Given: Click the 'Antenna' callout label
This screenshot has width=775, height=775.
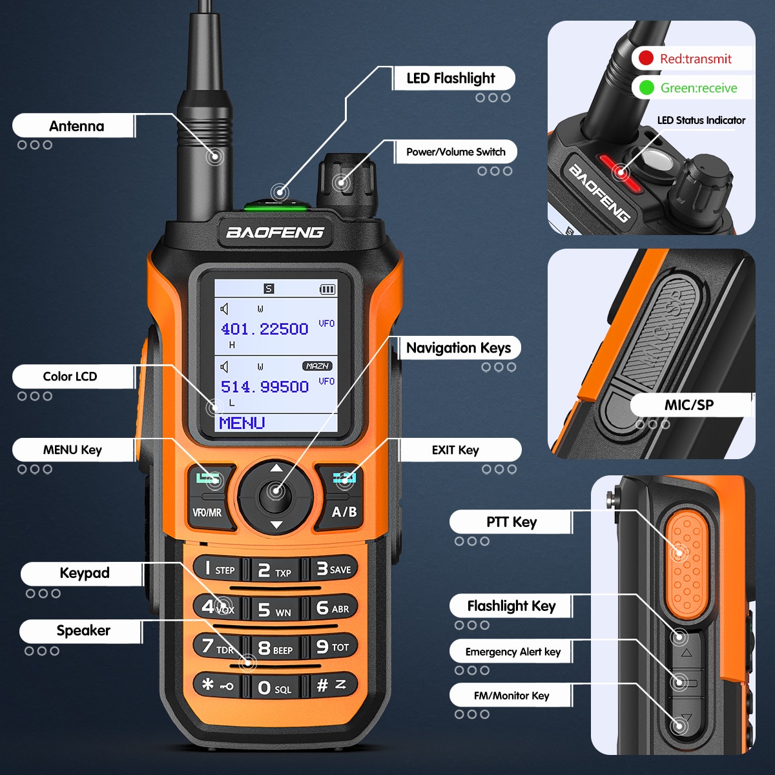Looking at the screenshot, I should point(76,126).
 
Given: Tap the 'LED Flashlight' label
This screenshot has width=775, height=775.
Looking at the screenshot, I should point(451,79).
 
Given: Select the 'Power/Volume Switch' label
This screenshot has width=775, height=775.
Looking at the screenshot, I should point(455,152).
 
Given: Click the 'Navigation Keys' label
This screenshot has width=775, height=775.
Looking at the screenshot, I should point(458,348).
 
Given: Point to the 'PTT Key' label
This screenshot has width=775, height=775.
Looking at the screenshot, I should point(511,522).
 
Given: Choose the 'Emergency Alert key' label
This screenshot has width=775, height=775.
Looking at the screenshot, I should point(513,652).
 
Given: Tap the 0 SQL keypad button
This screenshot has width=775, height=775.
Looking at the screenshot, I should point(274,688).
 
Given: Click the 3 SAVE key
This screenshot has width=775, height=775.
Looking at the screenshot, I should point(333,569).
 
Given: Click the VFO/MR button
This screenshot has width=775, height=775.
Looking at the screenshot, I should point(207,512).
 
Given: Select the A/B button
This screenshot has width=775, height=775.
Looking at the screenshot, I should point(344,512).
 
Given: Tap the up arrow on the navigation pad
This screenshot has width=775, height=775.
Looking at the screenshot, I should point(276,468).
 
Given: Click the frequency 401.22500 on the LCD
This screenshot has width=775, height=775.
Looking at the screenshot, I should point(265,329).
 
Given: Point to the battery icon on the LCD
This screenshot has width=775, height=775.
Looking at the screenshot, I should point(328,289).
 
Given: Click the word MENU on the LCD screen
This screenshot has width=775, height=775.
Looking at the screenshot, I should point(242,423).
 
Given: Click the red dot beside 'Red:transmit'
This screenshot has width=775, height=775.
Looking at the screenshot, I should point(646,58).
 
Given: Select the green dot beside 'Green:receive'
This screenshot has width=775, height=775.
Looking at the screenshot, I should point(646,87).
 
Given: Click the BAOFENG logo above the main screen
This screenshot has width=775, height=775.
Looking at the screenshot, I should point(275,232).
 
